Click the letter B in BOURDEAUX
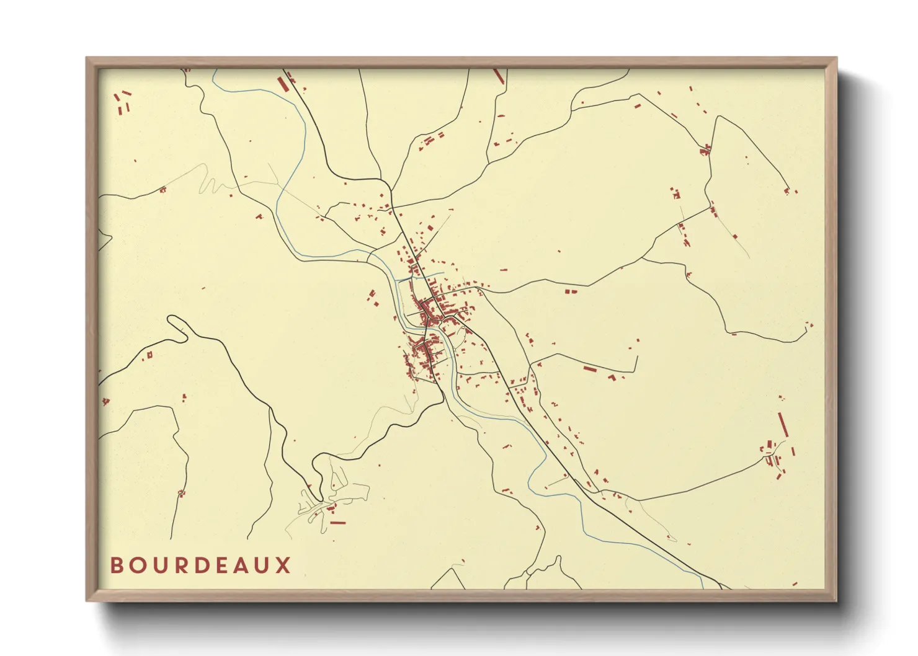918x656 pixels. [117, 565]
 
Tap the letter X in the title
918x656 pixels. [283, 565]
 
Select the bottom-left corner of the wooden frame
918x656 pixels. [87, 600]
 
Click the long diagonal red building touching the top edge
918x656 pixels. [498, 75]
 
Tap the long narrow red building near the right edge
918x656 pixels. [782, 425]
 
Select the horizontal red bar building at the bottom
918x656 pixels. [337, 523]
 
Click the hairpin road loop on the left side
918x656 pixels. [177, 325]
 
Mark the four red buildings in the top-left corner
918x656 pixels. [123, 102]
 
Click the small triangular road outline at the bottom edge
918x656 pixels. [448, 580]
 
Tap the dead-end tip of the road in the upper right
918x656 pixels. [788, 190]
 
